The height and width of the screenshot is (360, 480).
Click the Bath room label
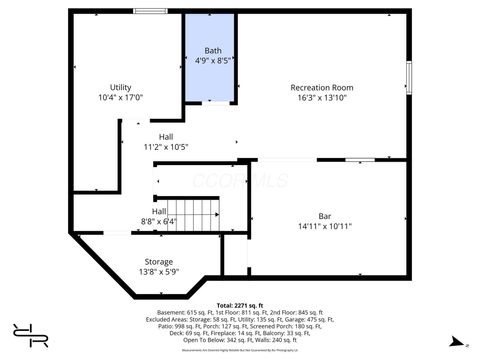213,50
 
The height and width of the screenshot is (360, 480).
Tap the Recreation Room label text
322,88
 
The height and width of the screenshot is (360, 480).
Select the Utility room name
121,88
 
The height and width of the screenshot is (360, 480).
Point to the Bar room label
325,216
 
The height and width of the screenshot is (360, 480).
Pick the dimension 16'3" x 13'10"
322,98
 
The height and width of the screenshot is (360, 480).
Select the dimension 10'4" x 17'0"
121,98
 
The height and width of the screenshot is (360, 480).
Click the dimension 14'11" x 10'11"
325,226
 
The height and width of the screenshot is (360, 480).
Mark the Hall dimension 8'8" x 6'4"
159,221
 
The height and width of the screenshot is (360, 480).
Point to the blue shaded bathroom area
211,80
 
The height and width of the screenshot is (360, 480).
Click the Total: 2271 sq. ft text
239,304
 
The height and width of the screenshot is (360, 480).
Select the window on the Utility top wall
150,11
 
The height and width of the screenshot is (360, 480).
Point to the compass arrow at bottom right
457,342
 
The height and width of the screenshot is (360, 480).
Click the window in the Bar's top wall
359,159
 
